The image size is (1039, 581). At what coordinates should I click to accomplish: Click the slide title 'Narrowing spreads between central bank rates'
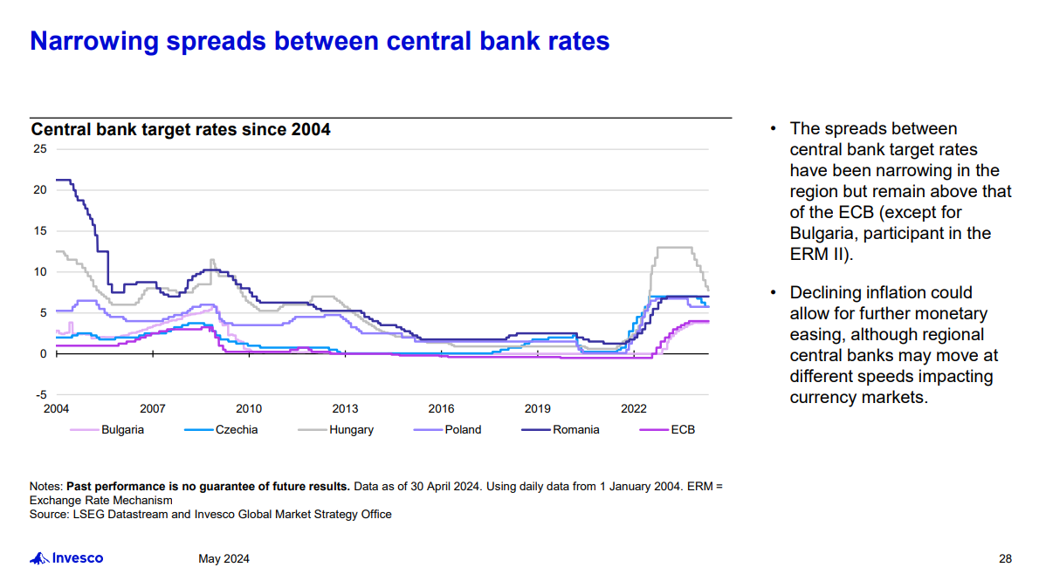[x=320, y=41]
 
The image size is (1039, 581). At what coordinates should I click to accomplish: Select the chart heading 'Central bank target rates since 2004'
[x=181, y=130]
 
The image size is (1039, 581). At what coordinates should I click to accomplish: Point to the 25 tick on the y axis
[x=40, y=149]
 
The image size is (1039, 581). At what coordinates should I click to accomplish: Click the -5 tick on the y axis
[x=40, y=395]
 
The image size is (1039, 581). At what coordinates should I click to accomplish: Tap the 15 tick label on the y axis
[x=40, y=230]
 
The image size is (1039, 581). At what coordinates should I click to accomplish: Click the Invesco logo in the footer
[x=67, y=558]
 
